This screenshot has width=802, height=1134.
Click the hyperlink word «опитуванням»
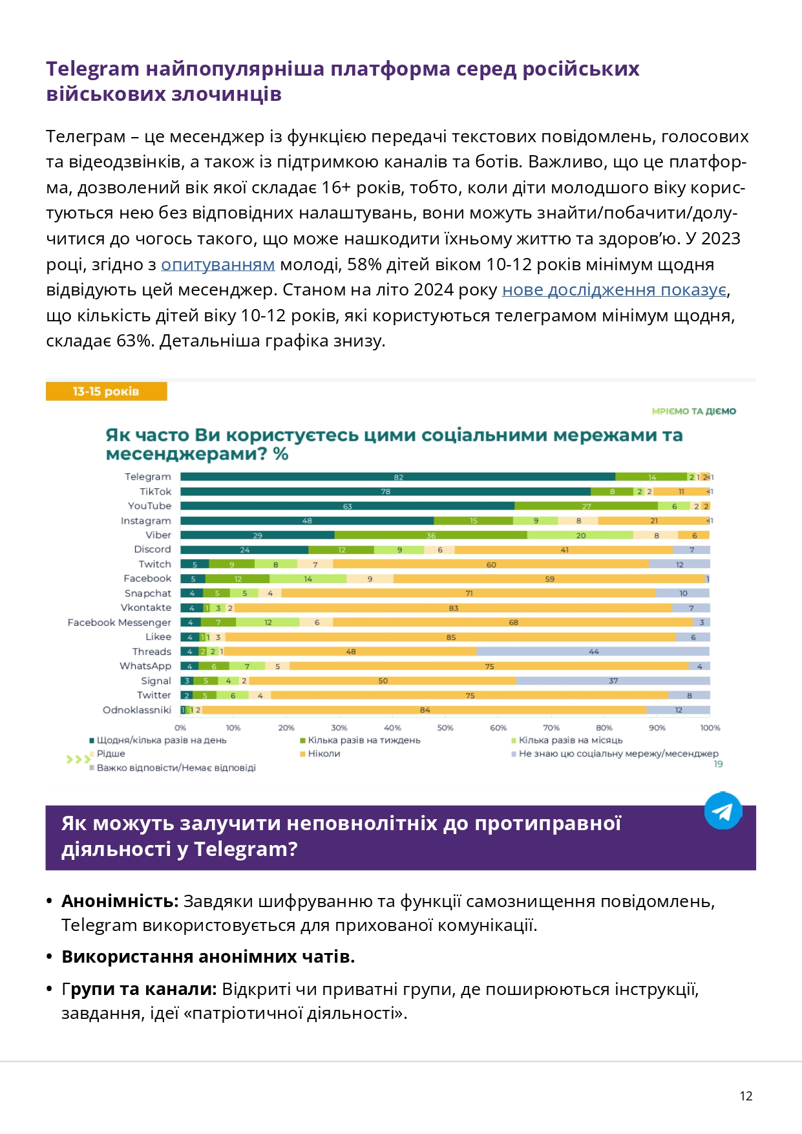(218, 264)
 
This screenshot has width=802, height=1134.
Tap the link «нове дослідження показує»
(615, 290)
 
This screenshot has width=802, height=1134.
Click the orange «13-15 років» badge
(106, 391)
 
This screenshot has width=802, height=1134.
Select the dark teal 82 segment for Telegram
(397, 477)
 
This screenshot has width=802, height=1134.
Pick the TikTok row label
(155, 491)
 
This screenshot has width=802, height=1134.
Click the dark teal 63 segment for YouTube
(347, 506)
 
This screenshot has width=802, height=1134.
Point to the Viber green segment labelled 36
(430, 535)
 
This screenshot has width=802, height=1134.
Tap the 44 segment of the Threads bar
(593, 652)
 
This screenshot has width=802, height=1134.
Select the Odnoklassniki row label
(137, 710)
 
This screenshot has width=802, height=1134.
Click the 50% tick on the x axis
(445, 728)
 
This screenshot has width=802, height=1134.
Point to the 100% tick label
(710, 728)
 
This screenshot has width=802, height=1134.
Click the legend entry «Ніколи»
(324, 754)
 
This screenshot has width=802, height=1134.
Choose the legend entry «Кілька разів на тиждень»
(364, 740)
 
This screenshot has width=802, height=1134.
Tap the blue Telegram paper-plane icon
(723, 811)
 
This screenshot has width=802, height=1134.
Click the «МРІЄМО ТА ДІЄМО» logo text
(693, 411)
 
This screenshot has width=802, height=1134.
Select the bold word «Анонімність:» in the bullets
(120, 901)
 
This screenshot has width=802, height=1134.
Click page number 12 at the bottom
(746, 1096)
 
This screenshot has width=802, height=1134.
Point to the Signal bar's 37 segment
(613, 681)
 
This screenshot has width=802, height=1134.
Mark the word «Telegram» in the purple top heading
(92, 69)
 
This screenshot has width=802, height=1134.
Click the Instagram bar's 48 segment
(307, 520)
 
